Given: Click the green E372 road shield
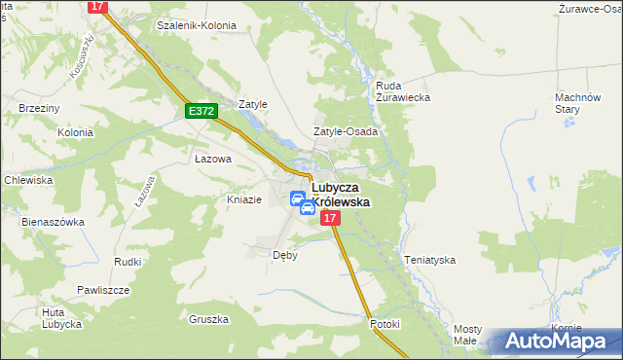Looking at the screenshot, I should coord(202,112).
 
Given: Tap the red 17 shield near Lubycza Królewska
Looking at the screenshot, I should coord(329,219).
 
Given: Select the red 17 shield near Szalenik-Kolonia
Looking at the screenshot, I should coord(96,6).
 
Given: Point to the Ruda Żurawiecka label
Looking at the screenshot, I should coord(403,91).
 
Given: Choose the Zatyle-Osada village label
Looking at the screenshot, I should coord(345,131).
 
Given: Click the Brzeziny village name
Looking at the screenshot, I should coord(39,109).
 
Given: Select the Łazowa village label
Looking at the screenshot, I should coord(212,159).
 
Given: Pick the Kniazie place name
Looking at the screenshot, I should coord(243,199).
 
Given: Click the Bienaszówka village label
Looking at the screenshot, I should coord(53,222).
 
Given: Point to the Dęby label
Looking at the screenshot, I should coord(284,256).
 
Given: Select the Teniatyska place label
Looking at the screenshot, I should coord(429,260).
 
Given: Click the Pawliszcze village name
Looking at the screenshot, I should coord(104,290).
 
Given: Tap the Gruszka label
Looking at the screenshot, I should coord(209,319).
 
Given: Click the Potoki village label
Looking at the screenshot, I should coord(385,324).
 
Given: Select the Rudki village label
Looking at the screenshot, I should coord(128,262).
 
